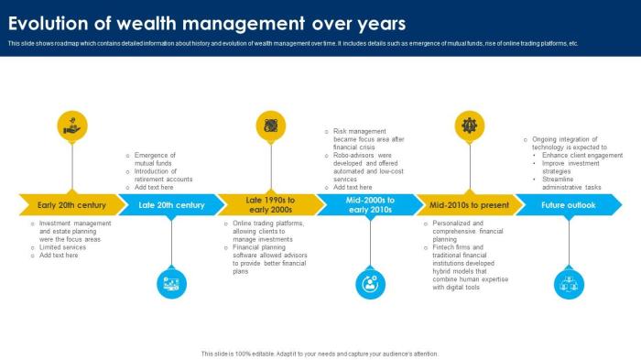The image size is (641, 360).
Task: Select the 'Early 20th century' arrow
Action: pyautogui.click(x=71, y=205)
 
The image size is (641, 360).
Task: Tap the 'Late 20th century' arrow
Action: pyautogui.click(x=171, y=205)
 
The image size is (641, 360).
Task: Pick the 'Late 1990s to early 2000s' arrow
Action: pyautogui.click(x=270, y=205)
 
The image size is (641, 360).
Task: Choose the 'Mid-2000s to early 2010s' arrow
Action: pyautogui.click(x=370, y=205)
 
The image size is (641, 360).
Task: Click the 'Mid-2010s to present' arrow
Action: pyautogui.click(x=470, y=205)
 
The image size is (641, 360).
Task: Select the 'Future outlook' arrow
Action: pyautogui.click(x=568, y=205)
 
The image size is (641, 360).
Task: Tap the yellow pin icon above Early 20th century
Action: pyautogui.click(x=72, y=125)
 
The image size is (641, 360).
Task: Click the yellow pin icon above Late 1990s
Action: pyautogui.click(x=271, y=125)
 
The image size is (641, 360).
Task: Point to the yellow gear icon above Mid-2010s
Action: pyautogui.click(x=470, y=125)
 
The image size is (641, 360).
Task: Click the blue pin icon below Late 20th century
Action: pyautogui.click(x=172, y=283)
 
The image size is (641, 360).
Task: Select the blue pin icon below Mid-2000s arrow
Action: pyautogui.click(x=371, y=283)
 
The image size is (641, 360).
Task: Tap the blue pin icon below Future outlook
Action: pyautogui.click(x=569, y=283)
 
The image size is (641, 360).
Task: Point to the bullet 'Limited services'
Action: pyautogui.click(x=63, y=247)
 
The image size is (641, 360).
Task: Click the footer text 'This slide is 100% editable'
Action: pyautogui.click(x=320, y=353)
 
